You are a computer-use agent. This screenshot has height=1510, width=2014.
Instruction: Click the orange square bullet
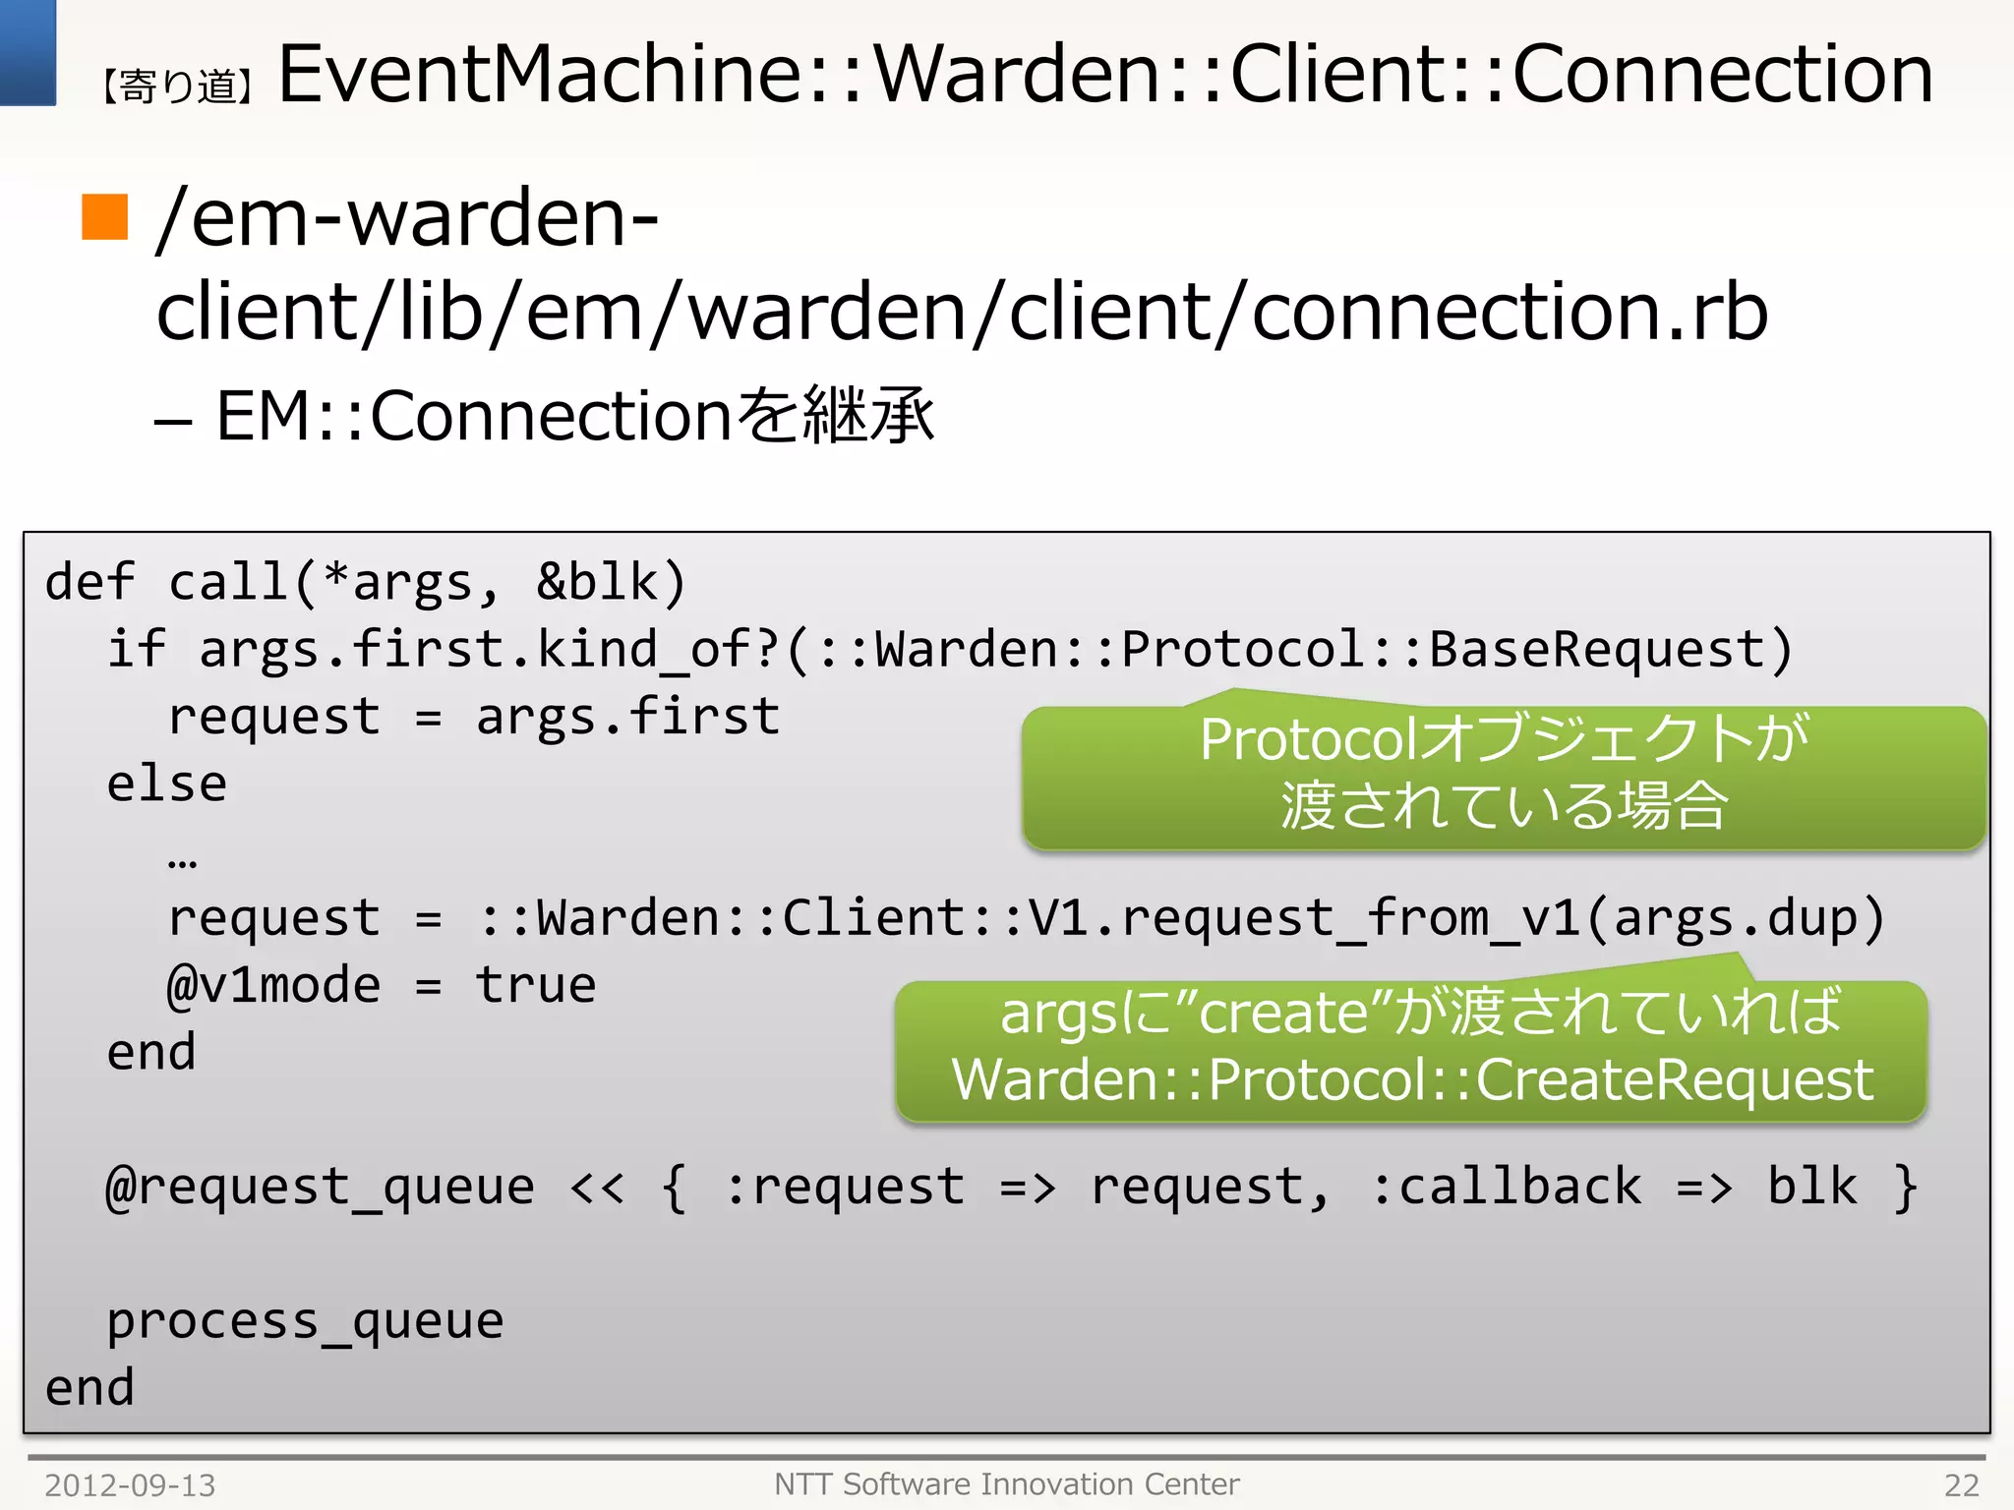pos(104,216)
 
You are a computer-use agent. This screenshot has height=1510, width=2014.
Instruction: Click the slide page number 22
pos(1961,1484)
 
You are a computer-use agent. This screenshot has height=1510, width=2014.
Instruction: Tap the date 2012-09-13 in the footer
pos(130,1484)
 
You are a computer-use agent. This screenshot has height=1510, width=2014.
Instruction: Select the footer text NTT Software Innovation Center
pos(1006,1483)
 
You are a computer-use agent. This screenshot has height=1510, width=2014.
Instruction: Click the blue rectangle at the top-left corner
pos(28,51)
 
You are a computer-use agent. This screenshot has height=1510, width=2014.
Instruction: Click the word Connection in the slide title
pos(1722,74)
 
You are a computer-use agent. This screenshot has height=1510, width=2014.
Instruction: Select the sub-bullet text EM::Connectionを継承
pos(574,416)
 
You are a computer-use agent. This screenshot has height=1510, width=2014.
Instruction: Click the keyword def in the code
pos(89,581)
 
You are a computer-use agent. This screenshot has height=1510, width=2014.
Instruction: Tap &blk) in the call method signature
pos(611,581)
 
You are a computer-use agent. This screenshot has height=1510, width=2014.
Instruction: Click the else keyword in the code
pos(167,784)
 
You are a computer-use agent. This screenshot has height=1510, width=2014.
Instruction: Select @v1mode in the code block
pos(273,985)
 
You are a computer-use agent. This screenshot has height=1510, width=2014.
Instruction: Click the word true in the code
pos(536,985)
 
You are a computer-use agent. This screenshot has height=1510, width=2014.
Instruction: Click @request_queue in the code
pos(321,1187)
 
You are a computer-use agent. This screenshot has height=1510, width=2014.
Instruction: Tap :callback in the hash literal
pos(1506,1187)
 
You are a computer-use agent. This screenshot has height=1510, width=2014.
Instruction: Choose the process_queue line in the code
pos(305,1320)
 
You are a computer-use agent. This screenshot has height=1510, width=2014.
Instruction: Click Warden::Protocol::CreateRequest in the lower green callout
pos(1412,1080)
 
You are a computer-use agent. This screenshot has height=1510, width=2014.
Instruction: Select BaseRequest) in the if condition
pos(1611,649)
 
